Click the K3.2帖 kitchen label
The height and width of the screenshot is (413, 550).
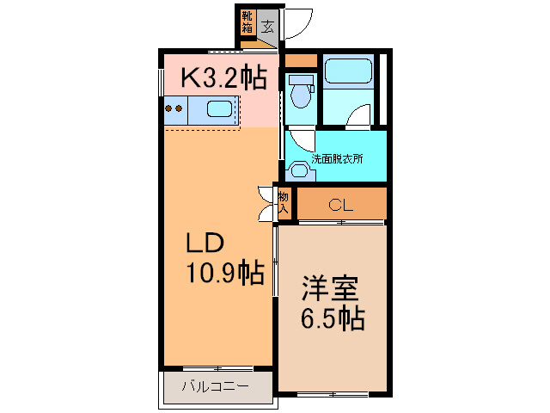pos(222,78)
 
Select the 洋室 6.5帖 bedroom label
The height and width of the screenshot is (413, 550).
pos(332,301)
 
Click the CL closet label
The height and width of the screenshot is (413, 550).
pos(341,205)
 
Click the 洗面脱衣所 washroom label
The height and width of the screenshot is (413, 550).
pos(337,158)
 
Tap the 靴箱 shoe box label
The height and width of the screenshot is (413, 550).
pos(247,22)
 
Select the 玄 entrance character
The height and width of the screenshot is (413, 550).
pos(268,27)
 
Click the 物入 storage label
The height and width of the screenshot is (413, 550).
pos(283,202)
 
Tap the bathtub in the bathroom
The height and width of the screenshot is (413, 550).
pos(347,71)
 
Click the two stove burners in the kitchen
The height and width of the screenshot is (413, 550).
pos(174,109)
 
